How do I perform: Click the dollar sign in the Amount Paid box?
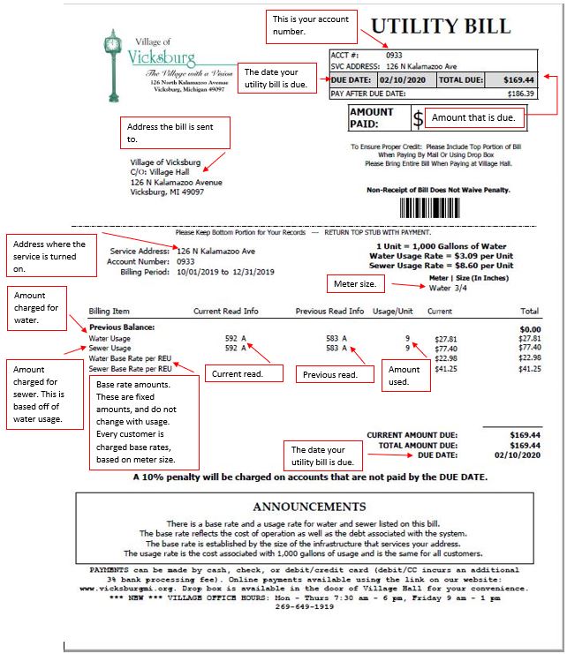pos(419,118)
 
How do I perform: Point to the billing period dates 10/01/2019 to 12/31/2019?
pos(225,272)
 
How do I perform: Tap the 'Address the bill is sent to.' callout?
pos(175,132)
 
